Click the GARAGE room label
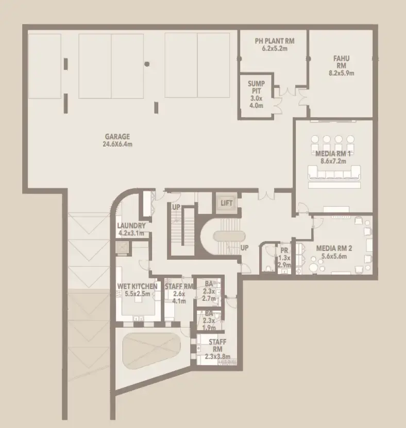pos(117,136)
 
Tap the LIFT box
pos(226,203)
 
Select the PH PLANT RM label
pos(274,41)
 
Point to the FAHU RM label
pos(341,62)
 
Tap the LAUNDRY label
pos(131,225)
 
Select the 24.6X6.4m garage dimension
pos(117,144)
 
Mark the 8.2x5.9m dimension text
pos(341,73)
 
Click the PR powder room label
pos(283,251)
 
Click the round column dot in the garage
pos(147,64)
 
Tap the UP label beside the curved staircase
pos(245,247)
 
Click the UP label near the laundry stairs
pos(176,207)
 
